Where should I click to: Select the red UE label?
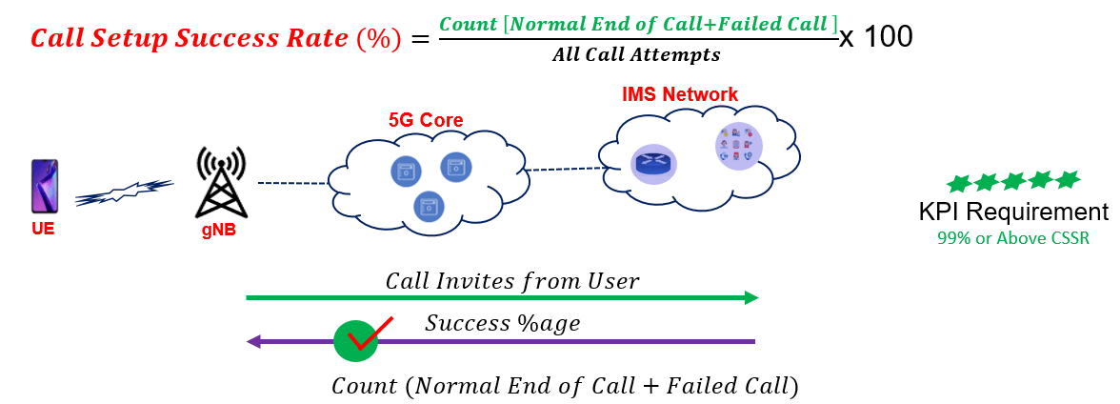42,228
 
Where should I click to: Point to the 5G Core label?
426,120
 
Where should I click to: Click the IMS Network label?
679,94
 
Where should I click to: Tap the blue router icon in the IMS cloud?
652,164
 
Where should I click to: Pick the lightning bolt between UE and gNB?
124,193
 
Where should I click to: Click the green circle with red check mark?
357,339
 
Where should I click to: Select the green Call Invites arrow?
502,298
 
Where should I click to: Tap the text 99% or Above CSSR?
1012,238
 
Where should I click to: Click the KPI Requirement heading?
1013,212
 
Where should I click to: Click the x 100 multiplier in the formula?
876,37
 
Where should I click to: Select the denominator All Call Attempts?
636,55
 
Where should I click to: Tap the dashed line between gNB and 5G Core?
293,181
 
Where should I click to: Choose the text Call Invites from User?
511,281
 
